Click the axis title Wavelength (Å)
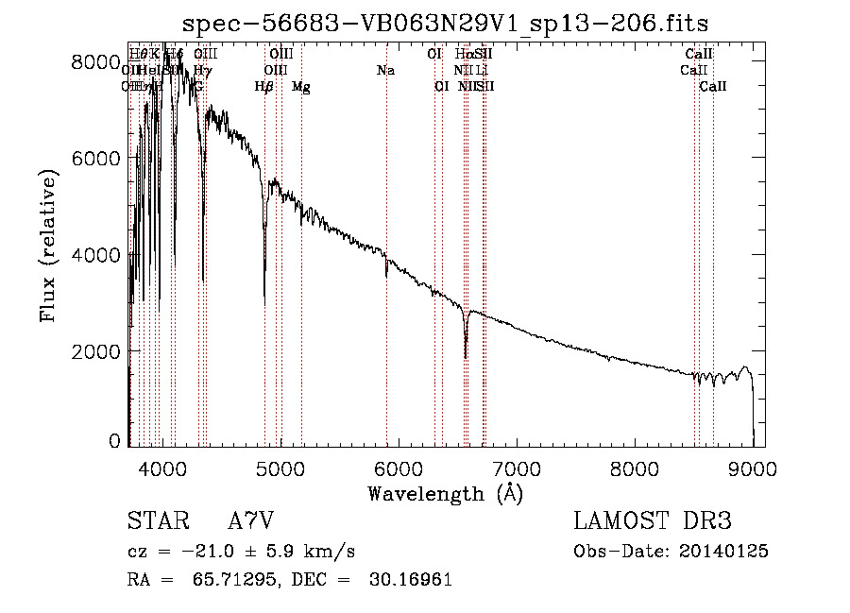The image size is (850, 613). [x=445, y=493]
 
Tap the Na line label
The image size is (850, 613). [x=385, y=71]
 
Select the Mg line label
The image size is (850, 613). [x=301, y=87]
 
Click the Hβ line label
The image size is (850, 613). [x=264, y=87]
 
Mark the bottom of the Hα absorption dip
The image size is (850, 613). [x=466, y=357]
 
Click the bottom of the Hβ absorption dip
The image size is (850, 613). [x=264, y=304]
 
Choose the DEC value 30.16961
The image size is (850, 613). [x=409, y=580]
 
